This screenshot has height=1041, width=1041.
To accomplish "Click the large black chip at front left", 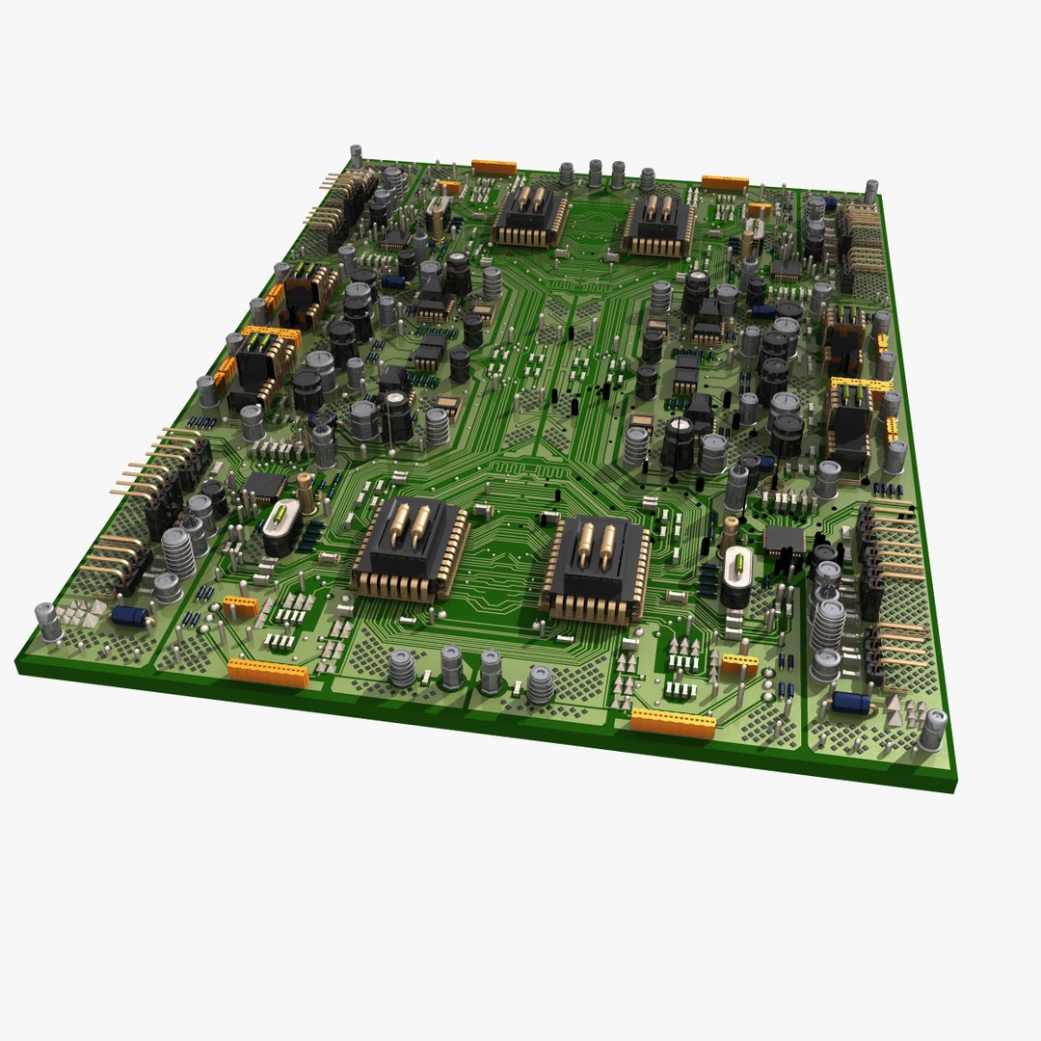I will pos(411,549).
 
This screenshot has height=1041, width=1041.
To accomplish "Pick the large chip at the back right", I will pos(659,227).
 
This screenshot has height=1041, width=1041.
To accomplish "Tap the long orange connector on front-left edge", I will pos(268,673).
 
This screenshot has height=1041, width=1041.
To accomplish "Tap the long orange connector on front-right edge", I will pos(673,723).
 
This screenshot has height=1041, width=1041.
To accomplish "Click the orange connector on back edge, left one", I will pos(494,167).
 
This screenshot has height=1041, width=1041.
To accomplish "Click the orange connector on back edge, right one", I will pos(725,182).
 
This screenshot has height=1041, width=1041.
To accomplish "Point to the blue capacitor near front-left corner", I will pos(129,615).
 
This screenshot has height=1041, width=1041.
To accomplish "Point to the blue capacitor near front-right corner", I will pos(851,702).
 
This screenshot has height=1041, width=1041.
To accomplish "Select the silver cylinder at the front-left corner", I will pos(48,622).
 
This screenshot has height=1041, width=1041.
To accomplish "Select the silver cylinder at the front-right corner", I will pos(932,730).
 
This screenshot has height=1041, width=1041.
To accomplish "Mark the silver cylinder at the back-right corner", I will pos(870,191).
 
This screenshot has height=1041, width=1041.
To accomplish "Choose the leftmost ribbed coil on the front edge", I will pos(402,667).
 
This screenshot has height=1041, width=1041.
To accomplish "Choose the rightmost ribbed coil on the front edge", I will pos(541,683).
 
